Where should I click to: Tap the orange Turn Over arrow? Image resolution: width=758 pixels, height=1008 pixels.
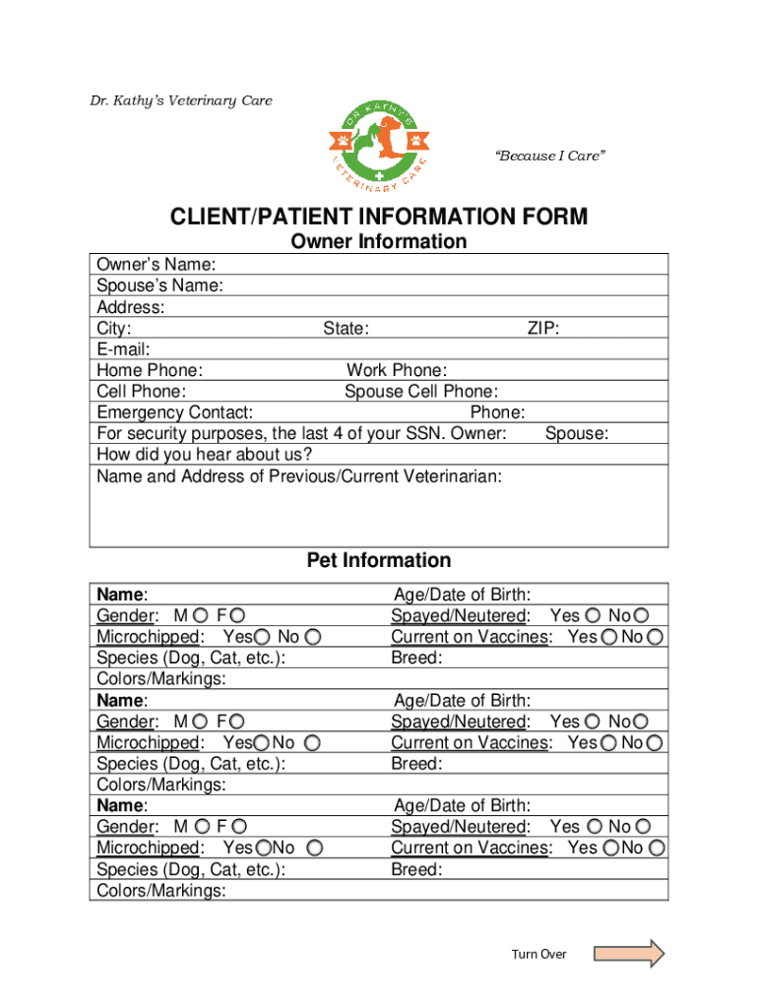[x=630, y=954]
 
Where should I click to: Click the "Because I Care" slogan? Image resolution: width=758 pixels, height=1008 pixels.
[x=549, y=157]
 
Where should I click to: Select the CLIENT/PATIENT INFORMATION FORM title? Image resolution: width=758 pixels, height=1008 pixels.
[x=379, y=216]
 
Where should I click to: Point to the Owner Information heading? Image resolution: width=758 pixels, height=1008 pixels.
[x=379, y=242]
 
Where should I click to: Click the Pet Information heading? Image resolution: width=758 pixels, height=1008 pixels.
[x=379, y=560]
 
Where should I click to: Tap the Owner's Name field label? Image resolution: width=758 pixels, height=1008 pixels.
[x=157, y=265]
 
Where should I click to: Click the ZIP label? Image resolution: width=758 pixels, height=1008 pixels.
[x=543, y=329]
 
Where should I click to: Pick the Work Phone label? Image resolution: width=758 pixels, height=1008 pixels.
[x=396, y=371]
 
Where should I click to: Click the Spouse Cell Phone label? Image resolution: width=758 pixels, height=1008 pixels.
[x=420, y=392]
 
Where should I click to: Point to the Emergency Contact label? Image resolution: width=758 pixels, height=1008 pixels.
[x=174, y=412]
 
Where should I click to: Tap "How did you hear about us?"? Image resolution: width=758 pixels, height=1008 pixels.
[x=205, y=455]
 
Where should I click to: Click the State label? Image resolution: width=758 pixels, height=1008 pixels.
[x=346, y=329]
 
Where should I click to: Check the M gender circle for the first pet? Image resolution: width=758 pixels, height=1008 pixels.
[x=201, y=616]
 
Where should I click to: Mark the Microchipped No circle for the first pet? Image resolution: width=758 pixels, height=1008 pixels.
[x=326, y=637]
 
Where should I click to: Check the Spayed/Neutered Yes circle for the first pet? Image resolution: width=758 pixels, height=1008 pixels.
[x=592, y=616]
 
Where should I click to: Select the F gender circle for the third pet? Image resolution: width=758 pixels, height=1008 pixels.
[x=239, y=827]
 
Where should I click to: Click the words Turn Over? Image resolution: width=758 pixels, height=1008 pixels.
[x=538, y=954]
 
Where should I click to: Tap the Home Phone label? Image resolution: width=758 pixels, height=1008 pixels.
[x=150, y=371]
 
